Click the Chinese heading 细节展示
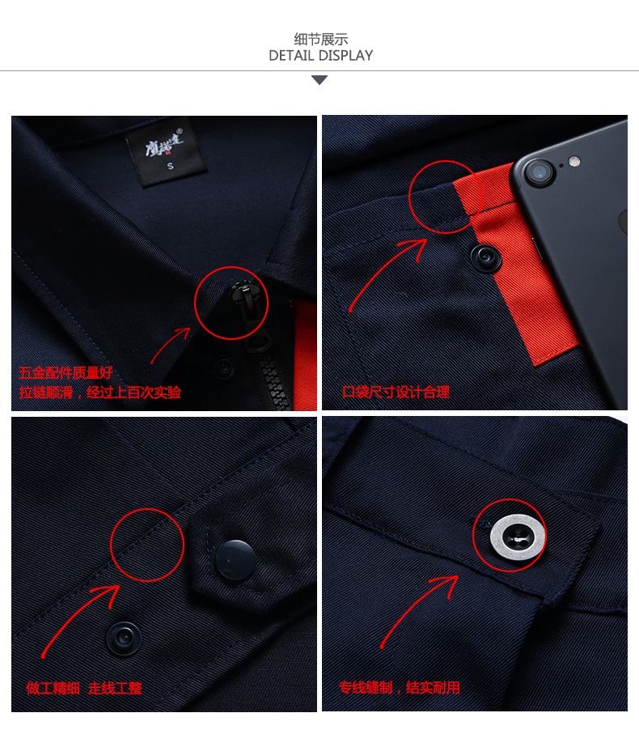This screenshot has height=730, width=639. (x=320, y=39)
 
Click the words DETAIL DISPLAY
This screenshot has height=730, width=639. (x=320, y=56)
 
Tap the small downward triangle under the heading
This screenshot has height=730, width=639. (x=319, y=80)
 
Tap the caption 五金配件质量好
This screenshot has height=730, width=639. (x=66, y=373)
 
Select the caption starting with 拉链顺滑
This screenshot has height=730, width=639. (x=100, y=393)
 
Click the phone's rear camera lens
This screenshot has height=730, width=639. (x=536, y=172)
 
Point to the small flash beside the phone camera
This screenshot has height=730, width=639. (x=574, y=160)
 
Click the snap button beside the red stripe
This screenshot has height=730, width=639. (x=487, y=257)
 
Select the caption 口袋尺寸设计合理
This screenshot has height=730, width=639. (x=396, y=393)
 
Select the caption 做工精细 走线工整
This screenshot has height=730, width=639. (x=84, y=688)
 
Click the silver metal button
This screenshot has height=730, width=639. (x=510, y=535)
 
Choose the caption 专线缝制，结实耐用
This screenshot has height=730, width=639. (x=400, y=688)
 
